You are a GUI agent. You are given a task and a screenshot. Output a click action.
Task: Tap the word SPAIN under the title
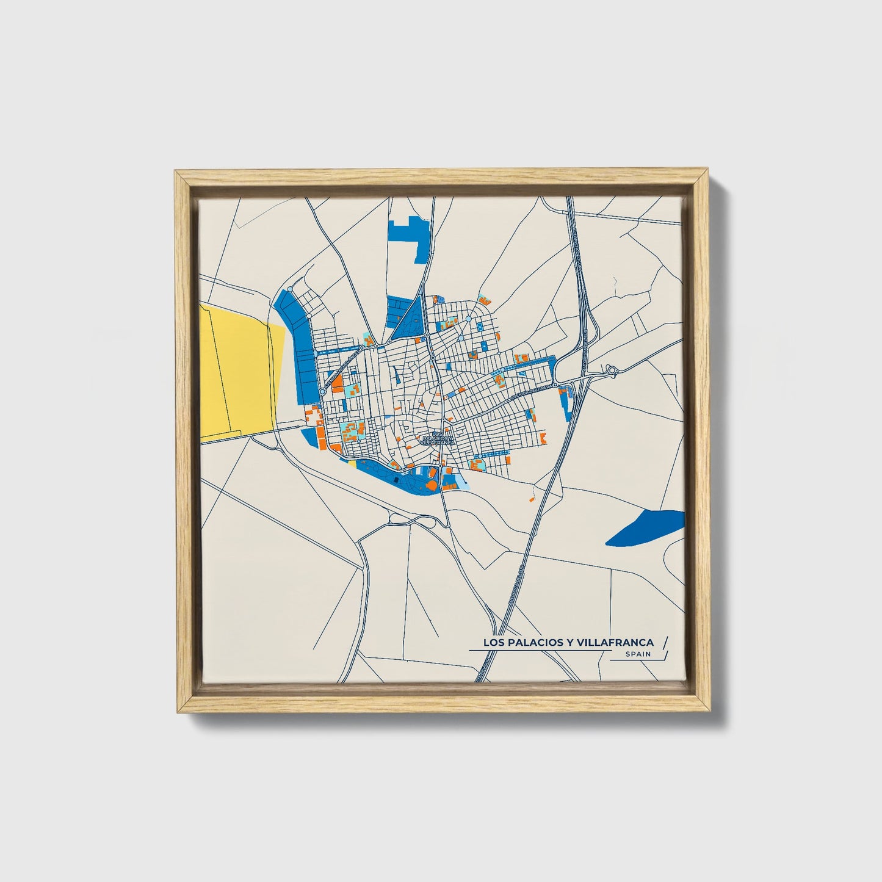[637, 654]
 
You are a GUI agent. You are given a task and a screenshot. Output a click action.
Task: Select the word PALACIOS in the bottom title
[535, 642]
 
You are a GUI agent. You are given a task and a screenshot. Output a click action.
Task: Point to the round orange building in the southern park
[431, 485]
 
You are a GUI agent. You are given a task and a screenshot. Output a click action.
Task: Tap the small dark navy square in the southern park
[397, 481]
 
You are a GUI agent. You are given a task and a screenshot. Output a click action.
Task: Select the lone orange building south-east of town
[531, 499]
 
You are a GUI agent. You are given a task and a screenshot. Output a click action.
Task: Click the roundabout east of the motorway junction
[610, 369]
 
